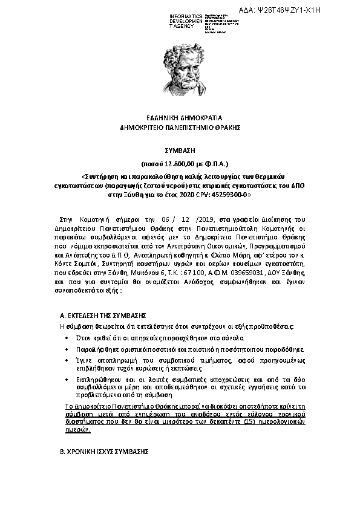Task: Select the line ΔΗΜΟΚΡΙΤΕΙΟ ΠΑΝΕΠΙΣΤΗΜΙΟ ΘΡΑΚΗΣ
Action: point(180,128)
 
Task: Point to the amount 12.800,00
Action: point(173,163)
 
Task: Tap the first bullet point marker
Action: point(66,337)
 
